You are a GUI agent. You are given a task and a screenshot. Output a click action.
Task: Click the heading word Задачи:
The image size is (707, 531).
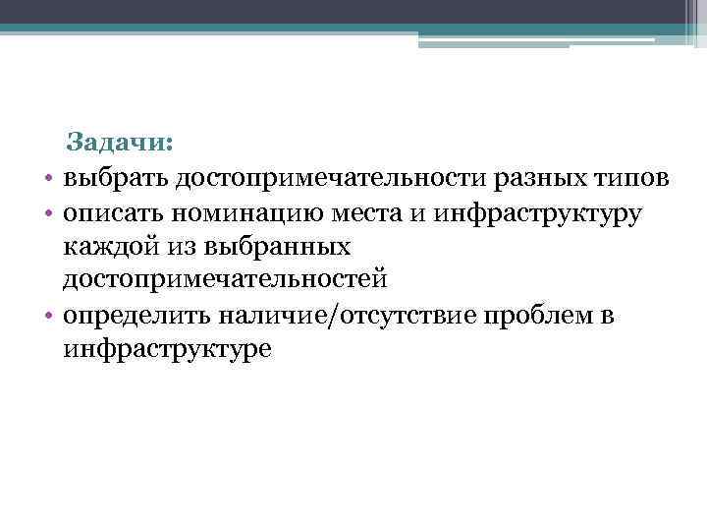(x=120, y=144)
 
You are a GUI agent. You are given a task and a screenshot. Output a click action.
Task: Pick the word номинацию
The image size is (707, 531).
(x=240, y=211)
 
